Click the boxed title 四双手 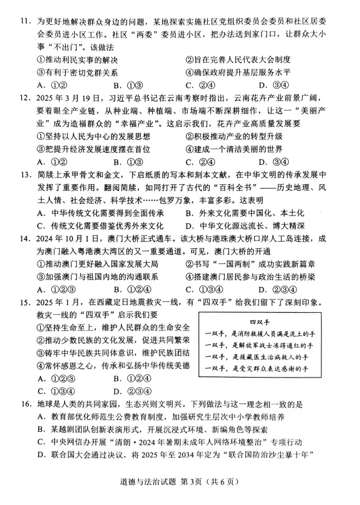pos(263,322)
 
